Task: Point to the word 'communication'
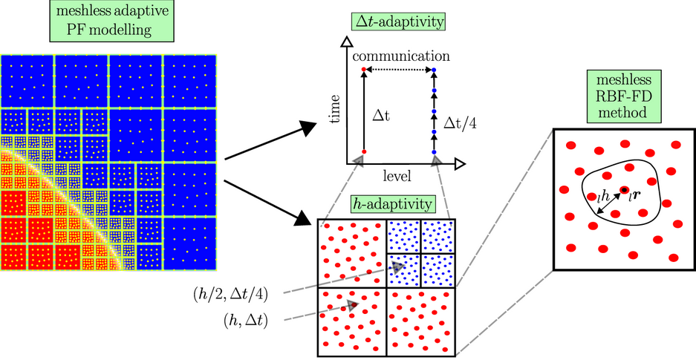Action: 400,56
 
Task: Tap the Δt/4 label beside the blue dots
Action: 461,122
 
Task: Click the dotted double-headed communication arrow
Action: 399,70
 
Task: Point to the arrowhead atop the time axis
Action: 344,43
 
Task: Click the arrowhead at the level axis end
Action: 460,162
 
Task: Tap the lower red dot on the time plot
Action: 363,151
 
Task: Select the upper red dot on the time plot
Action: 363,70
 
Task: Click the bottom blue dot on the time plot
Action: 434,151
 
